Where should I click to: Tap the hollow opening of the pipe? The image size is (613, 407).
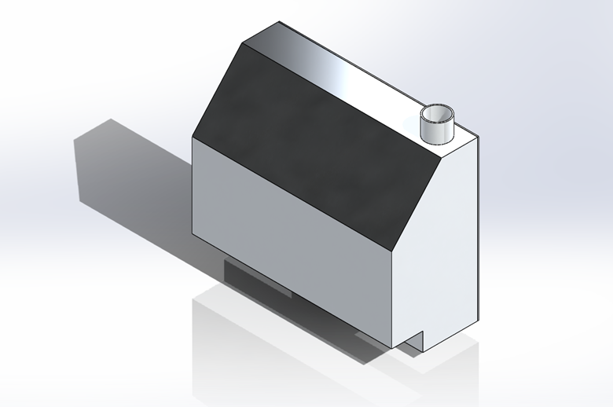436,113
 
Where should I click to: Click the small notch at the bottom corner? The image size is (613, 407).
415,340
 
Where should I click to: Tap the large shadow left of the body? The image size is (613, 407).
134,181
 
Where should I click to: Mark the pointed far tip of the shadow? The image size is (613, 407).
111,119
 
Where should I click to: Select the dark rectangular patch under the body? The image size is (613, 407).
255,279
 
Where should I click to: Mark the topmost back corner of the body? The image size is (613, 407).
280,22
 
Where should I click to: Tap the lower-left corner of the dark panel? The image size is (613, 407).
193,137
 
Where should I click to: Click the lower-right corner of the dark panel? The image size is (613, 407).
392,249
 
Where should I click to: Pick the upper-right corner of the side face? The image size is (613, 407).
477,140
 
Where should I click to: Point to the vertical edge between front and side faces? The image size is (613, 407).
392,299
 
